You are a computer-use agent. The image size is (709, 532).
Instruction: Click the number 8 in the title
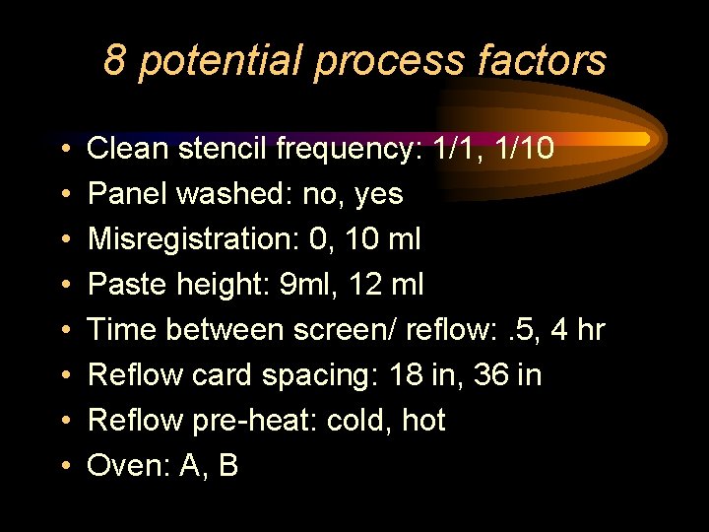coord(115,61)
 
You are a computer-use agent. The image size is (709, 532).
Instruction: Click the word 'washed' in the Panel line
coord(221,194)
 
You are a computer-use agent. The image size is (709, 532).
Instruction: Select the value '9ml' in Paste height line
coord(294,285)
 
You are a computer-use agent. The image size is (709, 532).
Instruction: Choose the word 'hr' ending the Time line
coord(590,330)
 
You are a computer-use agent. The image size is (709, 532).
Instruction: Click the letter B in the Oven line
coord(227,466)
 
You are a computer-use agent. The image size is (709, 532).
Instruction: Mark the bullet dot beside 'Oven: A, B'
coord(63,467)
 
